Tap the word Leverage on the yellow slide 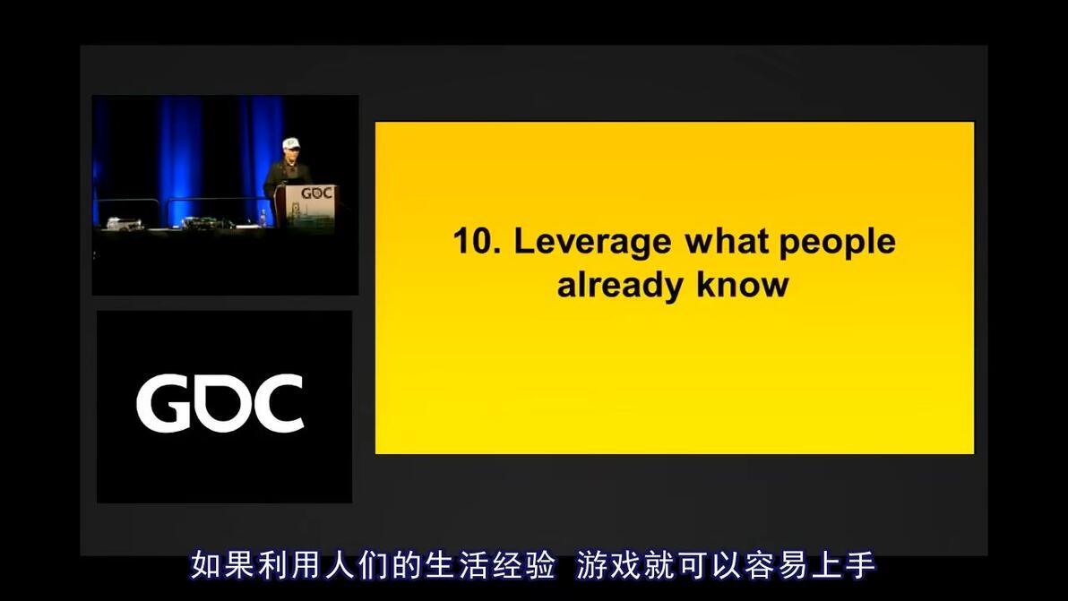592,244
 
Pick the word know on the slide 743,285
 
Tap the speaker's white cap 291,143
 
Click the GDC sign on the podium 316,193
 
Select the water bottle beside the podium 263,218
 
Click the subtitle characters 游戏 608,565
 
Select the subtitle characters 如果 222,565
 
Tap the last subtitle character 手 859,565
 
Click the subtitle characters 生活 456,565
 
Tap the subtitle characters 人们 357,565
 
